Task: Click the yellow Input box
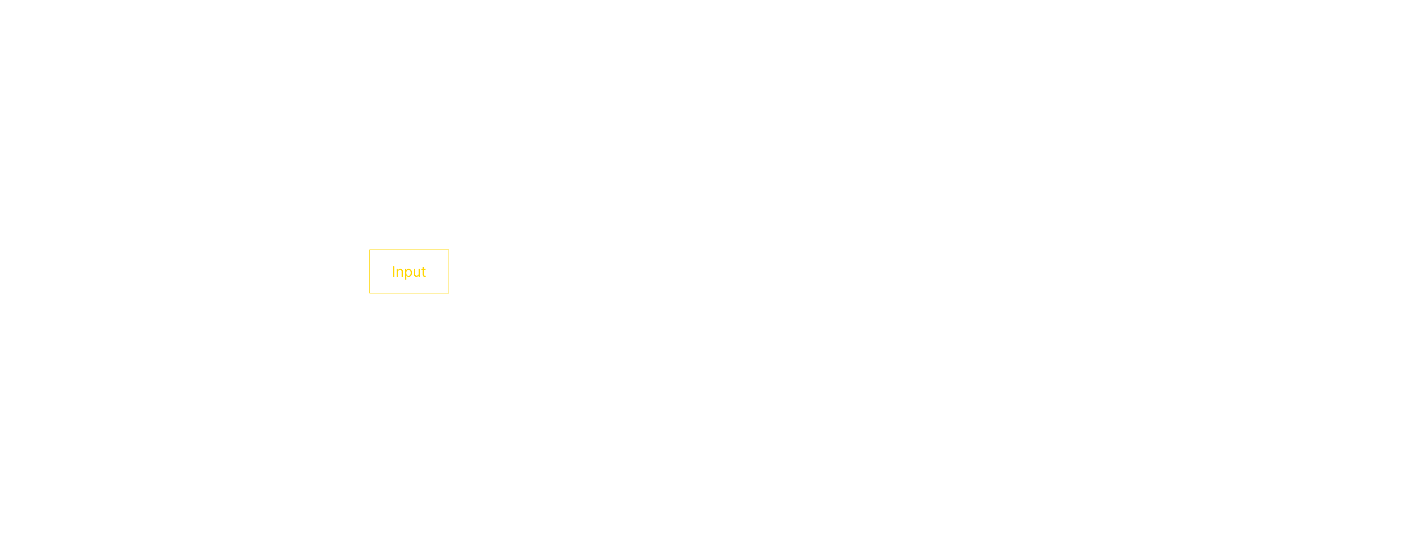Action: click(x=409, y=271)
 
